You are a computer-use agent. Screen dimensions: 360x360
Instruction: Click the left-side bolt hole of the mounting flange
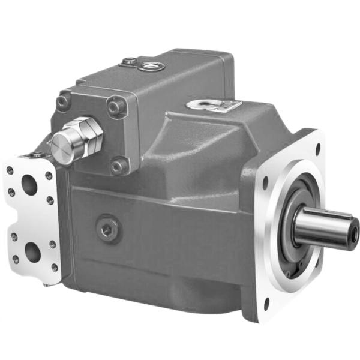(x=265, y=180)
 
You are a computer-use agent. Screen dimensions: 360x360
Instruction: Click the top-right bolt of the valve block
(x=115, y=107)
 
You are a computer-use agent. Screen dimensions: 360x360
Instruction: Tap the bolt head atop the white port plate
(x=37, y=155)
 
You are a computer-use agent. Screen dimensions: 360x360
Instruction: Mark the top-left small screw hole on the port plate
(x=11, y=170)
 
